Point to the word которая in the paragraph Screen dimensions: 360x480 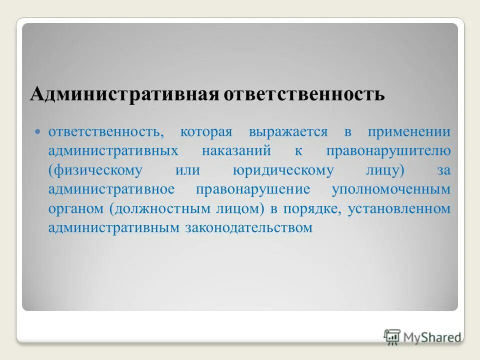(x=206, y=132)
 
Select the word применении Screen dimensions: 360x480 (x=409, y=132)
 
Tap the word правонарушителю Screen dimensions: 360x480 (x=388, y=151)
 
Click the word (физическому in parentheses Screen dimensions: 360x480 (x=95, y=170)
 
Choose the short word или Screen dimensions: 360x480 (x=187, y=170)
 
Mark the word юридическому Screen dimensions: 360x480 (x=283, y=170)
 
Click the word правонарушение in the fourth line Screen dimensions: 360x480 (x=253, y=189)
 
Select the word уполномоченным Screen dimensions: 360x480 (x=391, y=190)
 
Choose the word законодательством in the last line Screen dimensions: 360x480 (x=248, y=228)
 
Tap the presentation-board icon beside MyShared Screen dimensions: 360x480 (x=392, y=336)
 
